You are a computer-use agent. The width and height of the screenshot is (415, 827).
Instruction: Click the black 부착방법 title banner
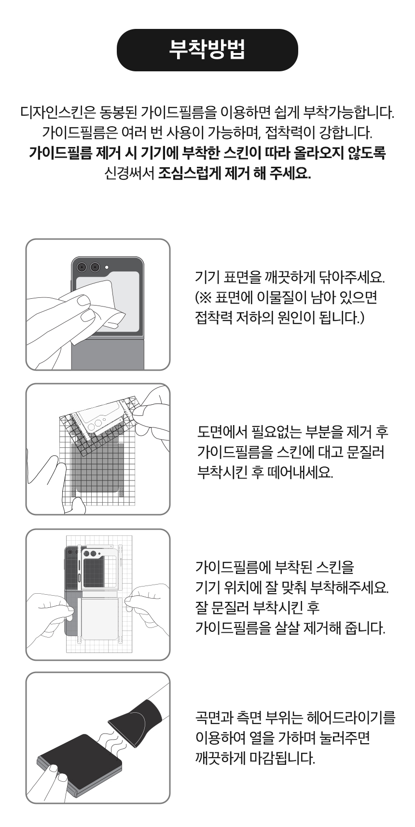click(x=207, y=50)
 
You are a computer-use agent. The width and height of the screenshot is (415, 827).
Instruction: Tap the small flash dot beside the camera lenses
click(x=107, y=267)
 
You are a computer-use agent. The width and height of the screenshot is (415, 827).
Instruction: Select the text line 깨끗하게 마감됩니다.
click(x=255, y=759)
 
